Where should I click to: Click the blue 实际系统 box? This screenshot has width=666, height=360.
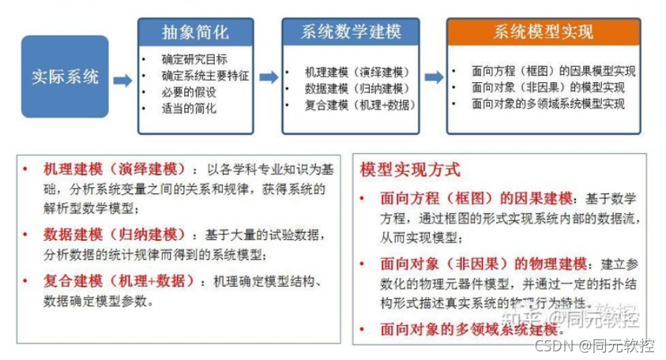65,77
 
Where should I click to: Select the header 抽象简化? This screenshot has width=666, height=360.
195,32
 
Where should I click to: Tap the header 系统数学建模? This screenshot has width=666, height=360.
350,32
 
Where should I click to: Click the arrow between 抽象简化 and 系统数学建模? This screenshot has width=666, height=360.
269,77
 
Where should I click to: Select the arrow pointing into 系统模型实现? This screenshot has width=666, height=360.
434,77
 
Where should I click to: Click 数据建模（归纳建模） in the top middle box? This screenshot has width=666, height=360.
356,88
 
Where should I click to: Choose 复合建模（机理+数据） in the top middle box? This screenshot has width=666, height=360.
359,103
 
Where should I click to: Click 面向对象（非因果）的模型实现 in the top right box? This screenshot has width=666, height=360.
547,87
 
